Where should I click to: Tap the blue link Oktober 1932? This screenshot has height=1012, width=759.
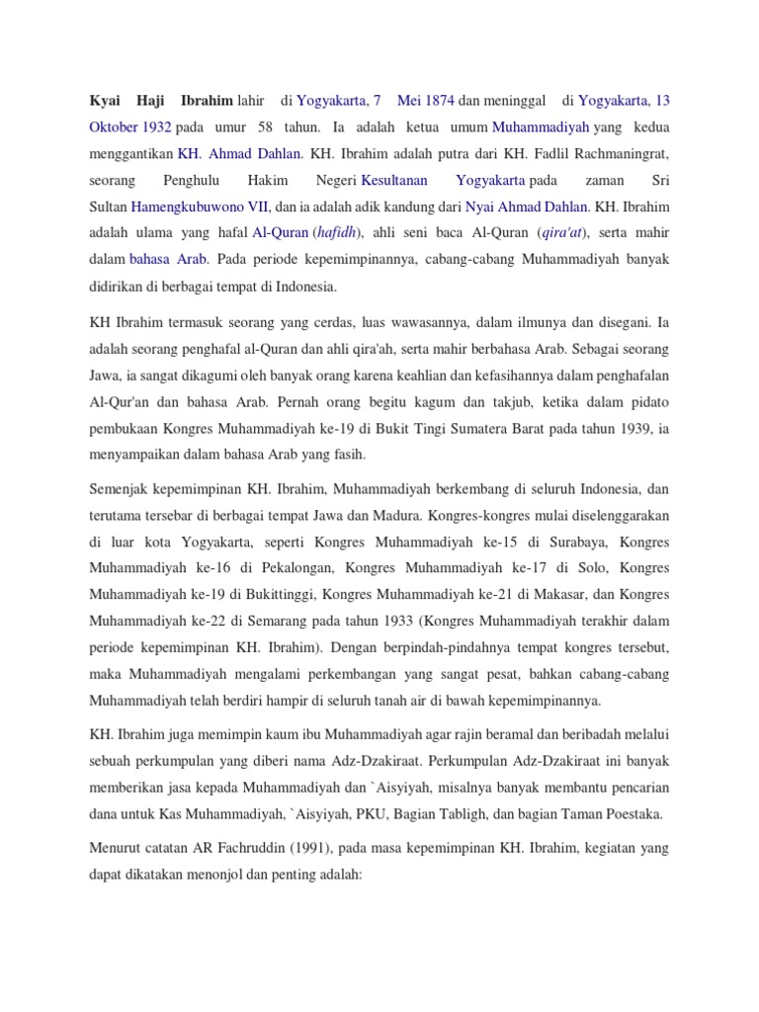pyautogui.click(x=130, y=127)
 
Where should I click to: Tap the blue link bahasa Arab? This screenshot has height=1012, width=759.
pyautogui.click(x=169, y=261)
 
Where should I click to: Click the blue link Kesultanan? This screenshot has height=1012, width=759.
pyautogui.click(x=394, y=181)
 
